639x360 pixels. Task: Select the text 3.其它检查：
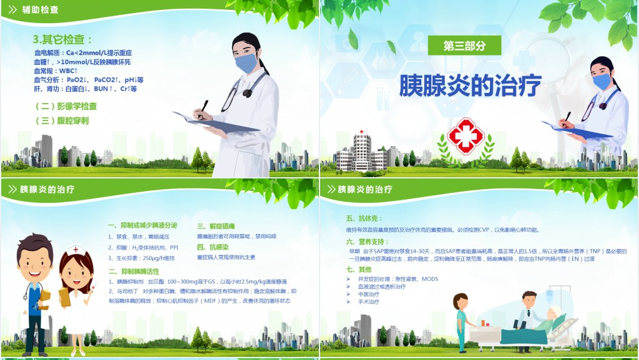click(x=62, y=39)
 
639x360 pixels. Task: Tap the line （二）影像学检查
click(x=66, y=106)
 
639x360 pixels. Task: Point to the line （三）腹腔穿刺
click(x=62, y=121)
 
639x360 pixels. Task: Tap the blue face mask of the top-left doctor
click(x=246, y=62)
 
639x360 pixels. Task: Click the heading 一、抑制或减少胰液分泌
click(x=142, y=225)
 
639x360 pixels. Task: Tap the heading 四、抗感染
click(x=213, y=246)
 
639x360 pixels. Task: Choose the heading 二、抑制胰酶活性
click(x=134, y=271)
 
